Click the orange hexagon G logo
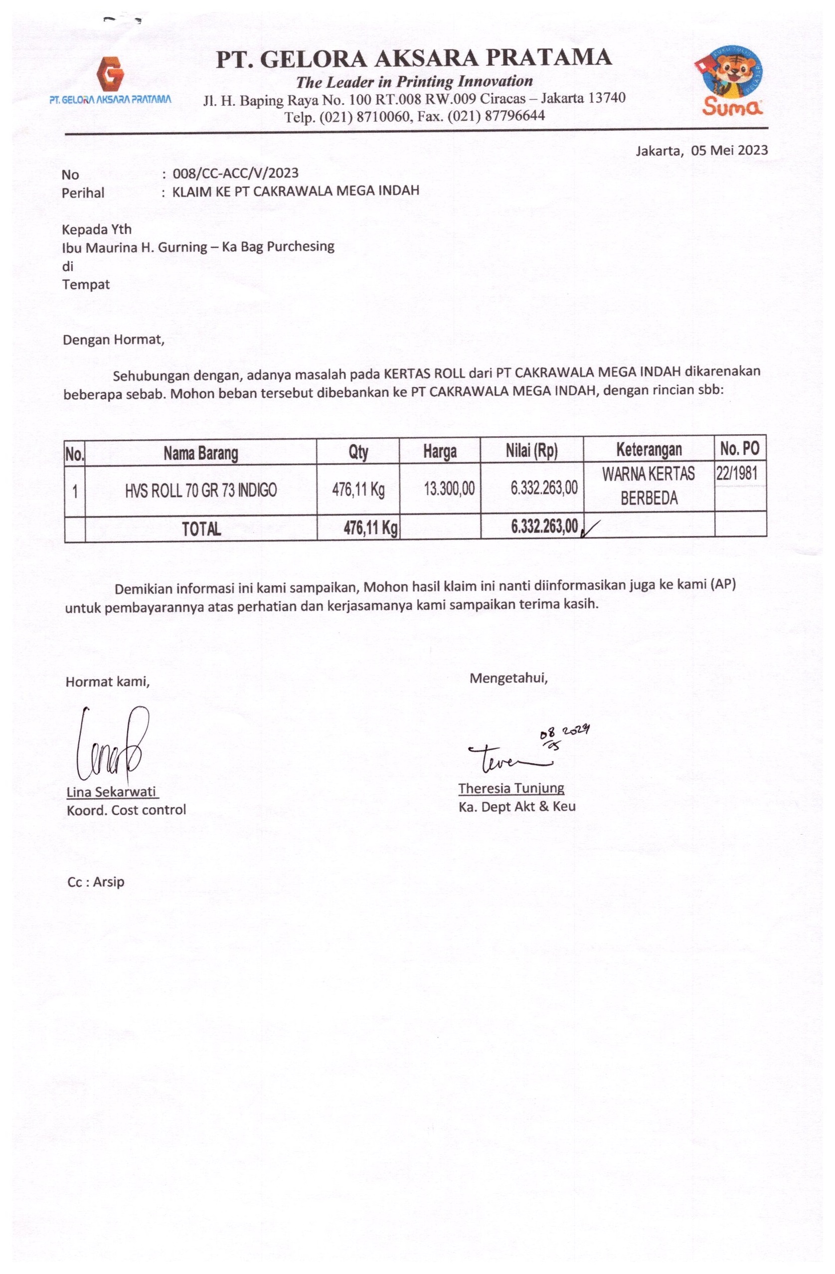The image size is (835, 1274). click(x=110, y=73)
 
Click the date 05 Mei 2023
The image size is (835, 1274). click(x=728, y=151)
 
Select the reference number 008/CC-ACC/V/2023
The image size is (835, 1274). click(x=235, y=174)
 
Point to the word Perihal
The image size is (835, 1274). click(x=83, y=192)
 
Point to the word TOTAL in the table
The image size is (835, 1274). click(x=201, y=530)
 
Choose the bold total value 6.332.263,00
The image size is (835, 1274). click(x=544, y=527)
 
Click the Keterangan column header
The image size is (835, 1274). click(x=649, y=450)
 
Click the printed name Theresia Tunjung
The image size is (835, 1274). click(x=510, y=788)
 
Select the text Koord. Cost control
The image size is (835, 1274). click(x=126, y=810)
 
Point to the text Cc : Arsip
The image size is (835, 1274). click(x=96, y=882)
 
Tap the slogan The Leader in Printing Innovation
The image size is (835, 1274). click(x=414, y=82)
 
